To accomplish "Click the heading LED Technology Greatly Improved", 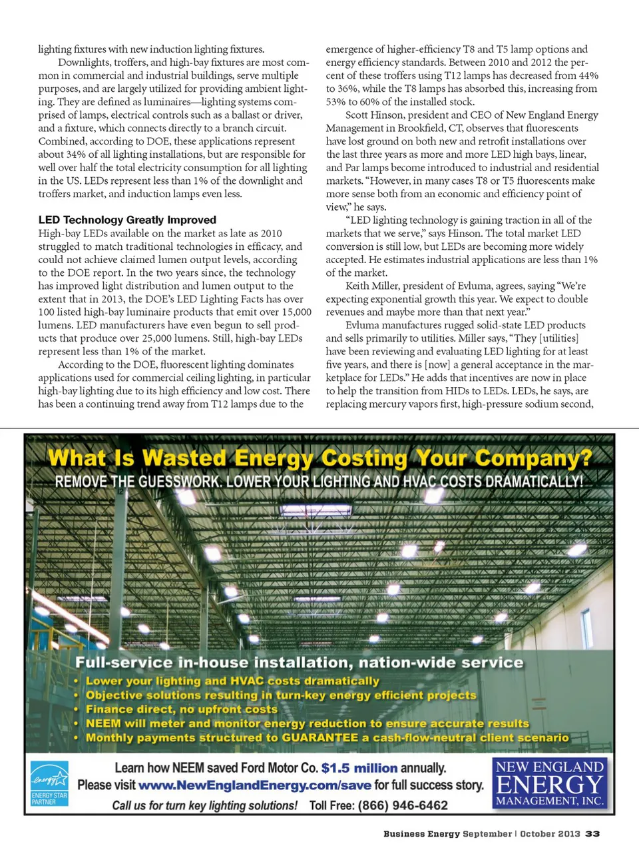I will point(127,220).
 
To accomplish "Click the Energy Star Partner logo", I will point(49,783).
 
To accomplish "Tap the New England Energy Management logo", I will point(550,783).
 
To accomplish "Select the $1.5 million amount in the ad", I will point(359,768).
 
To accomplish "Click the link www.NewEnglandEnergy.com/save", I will point(254,785).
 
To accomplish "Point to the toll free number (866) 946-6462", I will point(403,805).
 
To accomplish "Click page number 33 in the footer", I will point(592,834).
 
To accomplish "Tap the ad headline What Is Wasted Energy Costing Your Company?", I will point(319,458).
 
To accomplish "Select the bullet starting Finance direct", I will point(181,709).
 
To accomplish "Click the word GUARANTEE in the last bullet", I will point(319,737).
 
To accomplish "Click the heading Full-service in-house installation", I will point(299,663).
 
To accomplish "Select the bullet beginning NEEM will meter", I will point(307,723).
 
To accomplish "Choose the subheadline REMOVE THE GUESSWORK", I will point(319,481).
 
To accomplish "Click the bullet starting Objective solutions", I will point(281,695).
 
